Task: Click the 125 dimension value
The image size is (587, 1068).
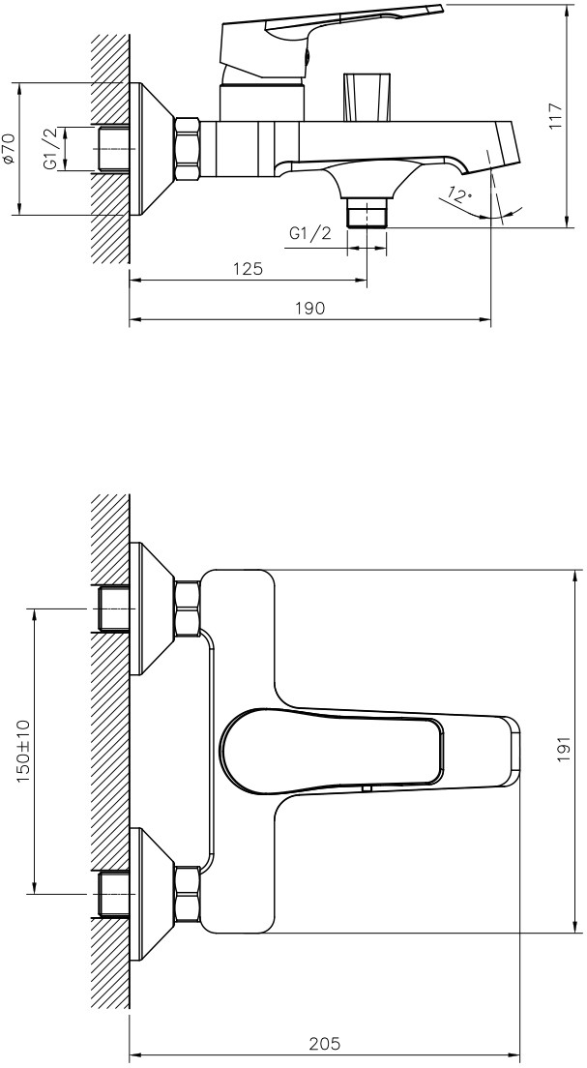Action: point(248,268)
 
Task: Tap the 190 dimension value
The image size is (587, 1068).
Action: point(309,308)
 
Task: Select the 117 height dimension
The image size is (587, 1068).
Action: point(556,116)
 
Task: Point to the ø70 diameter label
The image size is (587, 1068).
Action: point(8,148)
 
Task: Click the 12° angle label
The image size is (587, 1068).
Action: point(460,194)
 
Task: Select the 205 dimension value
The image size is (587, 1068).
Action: point(324,1044)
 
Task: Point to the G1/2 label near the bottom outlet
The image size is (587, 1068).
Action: point(310,234)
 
